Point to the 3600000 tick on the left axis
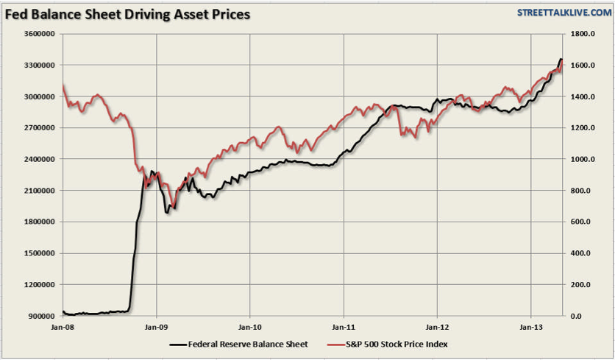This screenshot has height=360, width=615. (x=43, y=34)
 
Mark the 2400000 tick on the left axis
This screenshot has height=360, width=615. (x=43, y=159)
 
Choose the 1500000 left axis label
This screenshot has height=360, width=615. (x=43, y=253)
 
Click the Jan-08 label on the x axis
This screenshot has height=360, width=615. (x=63, y=325)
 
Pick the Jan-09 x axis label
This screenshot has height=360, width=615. (x=157, y=325)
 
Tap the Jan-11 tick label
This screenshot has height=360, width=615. (x=344, y=325)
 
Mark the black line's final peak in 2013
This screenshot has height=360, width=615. (x=561, y=60)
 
